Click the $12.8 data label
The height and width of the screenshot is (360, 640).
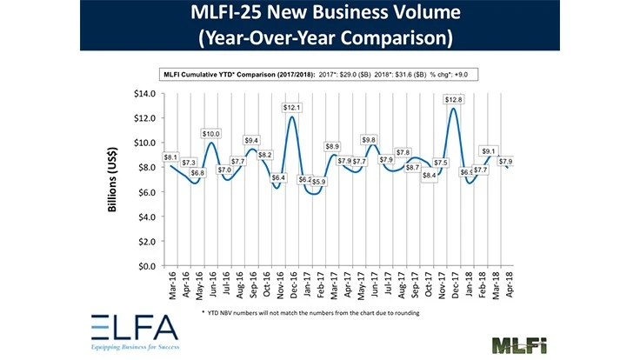coord(452,100)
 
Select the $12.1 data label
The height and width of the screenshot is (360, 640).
coord(291,107)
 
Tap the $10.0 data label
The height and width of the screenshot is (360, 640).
coord(210,134)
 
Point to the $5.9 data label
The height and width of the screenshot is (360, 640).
coord(318,182)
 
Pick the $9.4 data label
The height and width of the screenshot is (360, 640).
coord(251,141)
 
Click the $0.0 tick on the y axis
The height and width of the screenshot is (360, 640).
coord(146,266)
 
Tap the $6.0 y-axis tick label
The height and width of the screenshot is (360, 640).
coord(146,192)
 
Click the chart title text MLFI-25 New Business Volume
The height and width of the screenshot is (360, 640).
coord(320,15)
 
